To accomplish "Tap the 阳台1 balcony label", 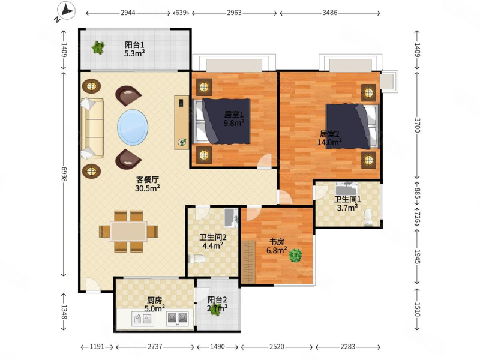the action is tap(134, 44).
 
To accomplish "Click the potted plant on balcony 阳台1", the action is tap(98, 47).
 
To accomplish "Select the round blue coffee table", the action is tap(133, 127).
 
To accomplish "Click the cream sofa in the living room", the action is tap(92, 128).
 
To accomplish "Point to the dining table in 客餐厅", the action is tap(128, 232).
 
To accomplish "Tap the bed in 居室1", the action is tap(222, 121).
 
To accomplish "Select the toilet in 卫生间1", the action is tap(368, 217).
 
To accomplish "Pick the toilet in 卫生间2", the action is tap(197, 259).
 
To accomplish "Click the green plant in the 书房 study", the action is tap(295, 256).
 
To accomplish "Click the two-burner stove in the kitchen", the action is tap(178, 319).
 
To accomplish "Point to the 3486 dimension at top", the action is tap(329, 13).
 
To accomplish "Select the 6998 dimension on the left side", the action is tap(64, 174).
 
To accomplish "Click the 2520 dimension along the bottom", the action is tap(277, 347).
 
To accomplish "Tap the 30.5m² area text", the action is tap(147, 188).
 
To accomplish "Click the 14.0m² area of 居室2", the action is tap(329, 142).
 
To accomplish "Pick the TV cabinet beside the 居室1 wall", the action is tap(182, 122).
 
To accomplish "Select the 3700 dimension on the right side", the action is tap(417, 125).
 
